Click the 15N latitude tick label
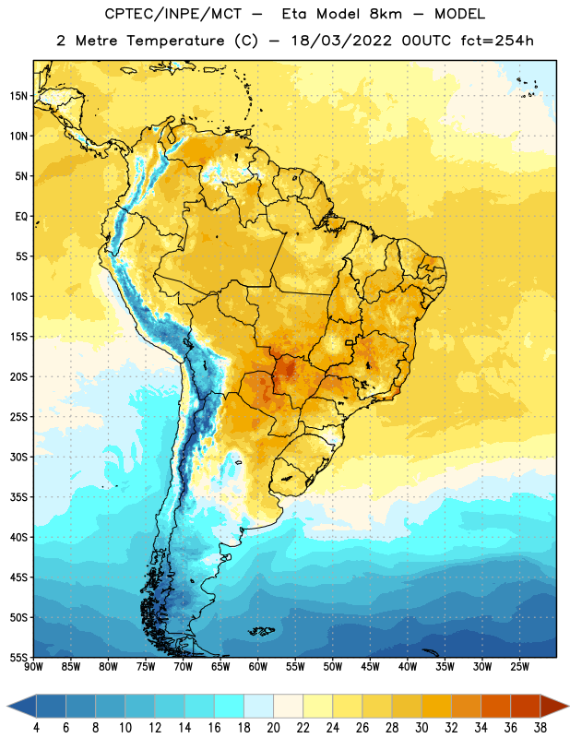tap(18, 96)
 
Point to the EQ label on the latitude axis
tap(21, 217)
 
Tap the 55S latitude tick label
tap(18, 657)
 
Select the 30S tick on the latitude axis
tap(18, 457)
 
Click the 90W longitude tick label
tap(33, 667)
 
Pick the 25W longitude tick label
tap(519, 667)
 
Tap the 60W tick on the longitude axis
tap(258, 667)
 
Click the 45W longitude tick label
tap(370, 667)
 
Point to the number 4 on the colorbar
tap(36, 728)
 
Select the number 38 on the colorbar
tap(540, 728)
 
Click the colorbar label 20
tap(273, 728)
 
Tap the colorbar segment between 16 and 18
tap(230, 707)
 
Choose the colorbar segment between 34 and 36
tap(495, 707)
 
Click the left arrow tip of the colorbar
tap(7, 707)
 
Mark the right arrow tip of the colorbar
tap(568, 707)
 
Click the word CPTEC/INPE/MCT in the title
tap(173, 14)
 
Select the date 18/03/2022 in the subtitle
tap(341, 41)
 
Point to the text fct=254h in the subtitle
tap(497, 41)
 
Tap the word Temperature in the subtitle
tap(175, 41)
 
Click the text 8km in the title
tap(386, 14)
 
